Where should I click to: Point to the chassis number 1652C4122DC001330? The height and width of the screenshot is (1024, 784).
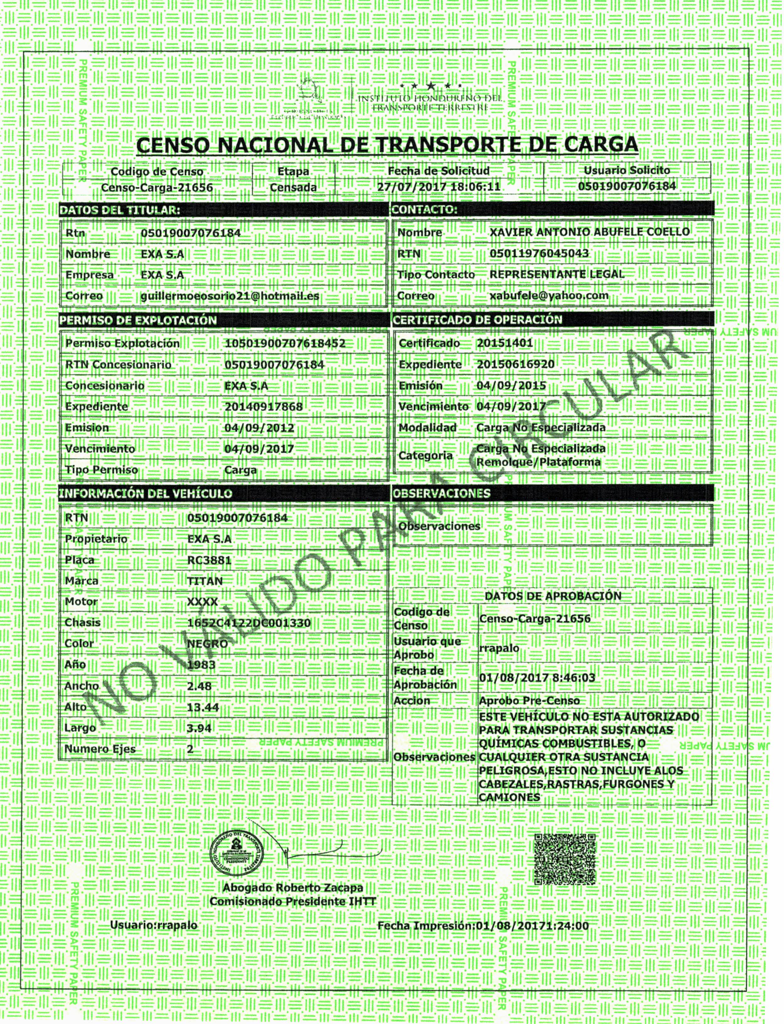[249, 623]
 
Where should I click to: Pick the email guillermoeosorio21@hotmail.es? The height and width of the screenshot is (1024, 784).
[230, 296]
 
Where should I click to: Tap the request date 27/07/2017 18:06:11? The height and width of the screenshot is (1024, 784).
[439, 187]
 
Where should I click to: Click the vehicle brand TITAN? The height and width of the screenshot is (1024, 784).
[205, 581]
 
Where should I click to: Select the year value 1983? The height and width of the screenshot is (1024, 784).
[201, 665]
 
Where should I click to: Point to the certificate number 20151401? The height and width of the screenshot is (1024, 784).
[505, 343]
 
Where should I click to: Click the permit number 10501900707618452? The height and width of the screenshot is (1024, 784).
[285, 344]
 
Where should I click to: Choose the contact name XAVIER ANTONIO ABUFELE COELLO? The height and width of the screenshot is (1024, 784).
[589, 232]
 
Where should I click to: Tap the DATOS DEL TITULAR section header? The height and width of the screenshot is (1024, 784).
[120, 210]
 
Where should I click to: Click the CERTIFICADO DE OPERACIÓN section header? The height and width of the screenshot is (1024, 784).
[477, 320]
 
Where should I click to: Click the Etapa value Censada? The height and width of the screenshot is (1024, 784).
[293, 187]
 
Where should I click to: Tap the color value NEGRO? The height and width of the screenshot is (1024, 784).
[207, 644]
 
